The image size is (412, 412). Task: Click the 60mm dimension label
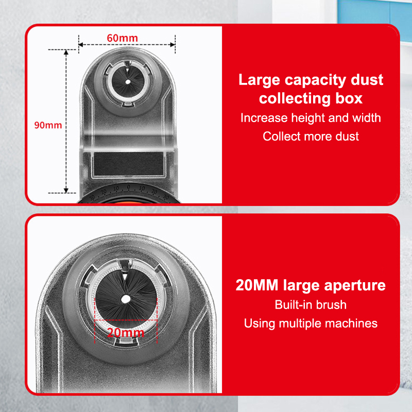coord(122,38)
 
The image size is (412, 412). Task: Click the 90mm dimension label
coord(48,125)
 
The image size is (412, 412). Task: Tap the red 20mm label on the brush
coord(126,333)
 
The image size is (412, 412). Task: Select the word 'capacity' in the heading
coord(315,80)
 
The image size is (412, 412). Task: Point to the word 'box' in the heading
coord(349,98)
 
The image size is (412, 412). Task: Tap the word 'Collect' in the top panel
coord(281,136)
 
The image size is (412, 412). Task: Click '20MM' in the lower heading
coord(257,285)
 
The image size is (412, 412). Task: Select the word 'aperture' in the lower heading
coord(355,286)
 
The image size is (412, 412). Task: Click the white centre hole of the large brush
coord(126,299)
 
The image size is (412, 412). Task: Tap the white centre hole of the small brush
coord(128,82)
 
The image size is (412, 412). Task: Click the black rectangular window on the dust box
coord(128,164)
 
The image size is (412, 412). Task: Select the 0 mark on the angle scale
coord(128,187)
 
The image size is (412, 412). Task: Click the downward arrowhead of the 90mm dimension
coord(66,191)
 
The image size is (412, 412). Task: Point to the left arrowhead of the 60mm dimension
coord(81,45)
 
